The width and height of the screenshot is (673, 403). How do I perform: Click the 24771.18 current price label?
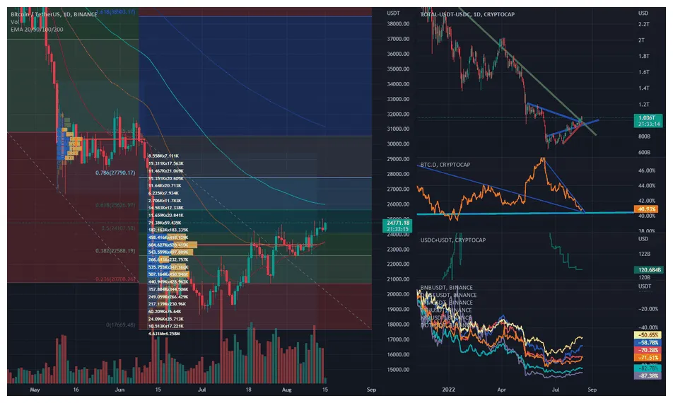click(394, 226)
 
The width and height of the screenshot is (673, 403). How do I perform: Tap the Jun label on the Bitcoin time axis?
click(119, 389)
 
